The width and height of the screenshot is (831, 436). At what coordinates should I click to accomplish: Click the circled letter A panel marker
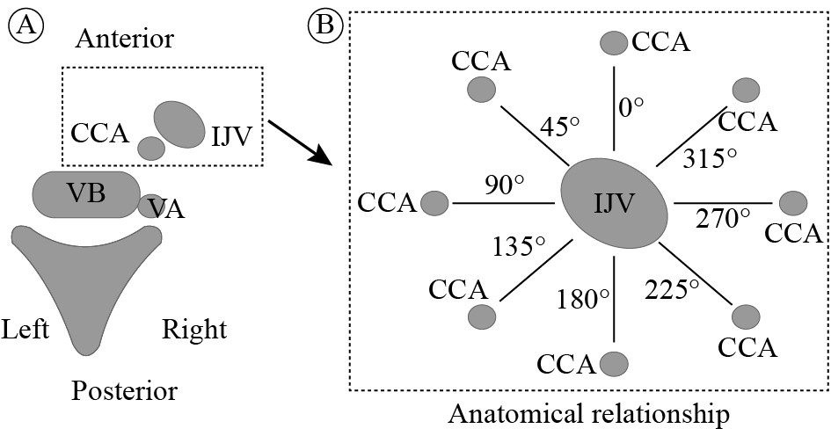[21, 27]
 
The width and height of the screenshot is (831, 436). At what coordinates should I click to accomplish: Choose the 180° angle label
[582, 300]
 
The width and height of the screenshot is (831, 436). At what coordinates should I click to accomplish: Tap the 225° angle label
[672, 287]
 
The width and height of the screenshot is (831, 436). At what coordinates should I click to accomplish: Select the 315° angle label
[710, 157]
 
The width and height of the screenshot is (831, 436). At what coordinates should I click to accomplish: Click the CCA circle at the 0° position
[613, 42]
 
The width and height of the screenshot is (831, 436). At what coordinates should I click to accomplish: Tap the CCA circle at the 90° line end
[434, 203]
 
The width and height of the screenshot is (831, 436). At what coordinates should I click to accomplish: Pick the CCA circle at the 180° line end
[613, 362]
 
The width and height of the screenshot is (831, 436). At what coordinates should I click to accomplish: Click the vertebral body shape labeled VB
[86, 193]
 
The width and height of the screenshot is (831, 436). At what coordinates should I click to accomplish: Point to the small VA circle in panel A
[150, 207]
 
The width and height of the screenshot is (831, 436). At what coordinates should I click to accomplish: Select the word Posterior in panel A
[125, 390]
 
